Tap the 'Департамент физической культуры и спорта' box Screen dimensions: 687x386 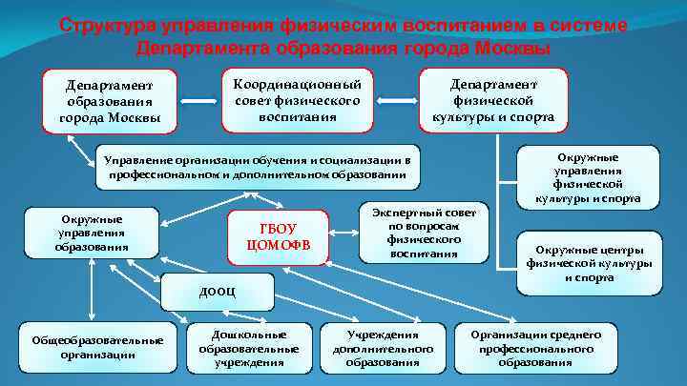tap(493, 100)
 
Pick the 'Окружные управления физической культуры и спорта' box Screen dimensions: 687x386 tap(600, 177)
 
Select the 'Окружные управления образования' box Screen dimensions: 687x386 tap(93, 234)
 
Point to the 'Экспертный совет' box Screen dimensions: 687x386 tap(424, 232)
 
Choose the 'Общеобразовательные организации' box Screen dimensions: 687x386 tap(97, 347)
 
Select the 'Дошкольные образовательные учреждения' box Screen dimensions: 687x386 tap(249, 348)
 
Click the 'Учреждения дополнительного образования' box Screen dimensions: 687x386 tap(383, 348)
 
